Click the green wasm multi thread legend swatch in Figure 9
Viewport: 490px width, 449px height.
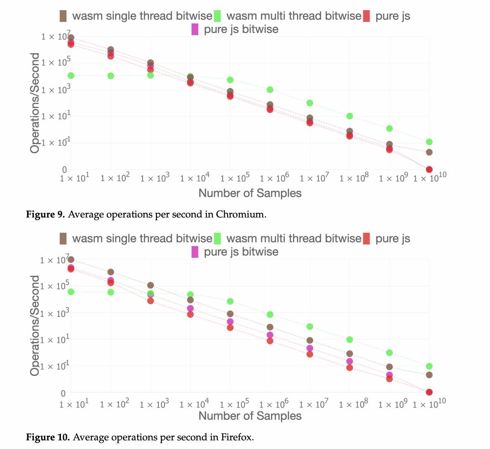click(x=217, y=16)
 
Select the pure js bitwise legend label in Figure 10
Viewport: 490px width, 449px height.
click(x=241, y=252)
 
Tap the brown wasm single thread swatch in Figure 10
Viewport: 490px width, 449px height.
click(x=63, y=239)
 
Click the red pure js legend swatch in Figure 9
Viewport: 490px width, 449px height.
click(x=366, y=16)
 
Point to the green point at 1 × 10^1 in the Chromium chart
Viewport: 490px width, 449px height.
click(x=71, y=76)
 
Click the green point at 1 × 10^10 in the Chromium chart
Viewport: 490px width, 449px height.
click(x=429, y=142)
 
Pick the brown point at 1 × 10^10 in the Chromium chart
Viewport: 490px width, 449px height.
click(x=429, y=152)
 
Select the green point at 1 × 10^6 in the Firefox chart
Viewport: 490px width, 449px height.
click(x=270, y=314)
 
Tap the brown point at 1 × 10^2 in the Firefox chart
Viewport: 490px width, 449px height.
click(x=111, y=272)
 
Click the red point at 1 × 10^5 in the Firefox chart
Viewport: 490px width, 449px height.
click(x=230, y=328)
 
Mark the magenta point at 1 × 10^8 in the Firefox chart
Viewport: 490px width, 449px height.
click(x=349, y=362)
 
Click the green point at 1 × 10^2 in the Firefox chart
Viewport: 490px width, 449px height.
click(x=111, y=292)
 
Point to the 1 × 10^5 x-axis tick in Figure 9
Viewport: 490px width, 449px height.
click(x=235, y=178)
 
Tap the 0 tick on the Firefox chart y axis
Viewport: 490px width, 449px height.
click(x=63, y=394)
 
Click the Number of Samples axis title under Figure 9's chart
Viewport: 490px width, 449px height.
click(x=250, y=193)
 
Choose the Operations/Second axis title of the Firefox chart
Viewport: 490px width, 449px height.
click(x=35, y=326)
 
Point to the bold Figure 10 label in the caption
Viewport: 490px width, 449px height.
click(x=48, y=437)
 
